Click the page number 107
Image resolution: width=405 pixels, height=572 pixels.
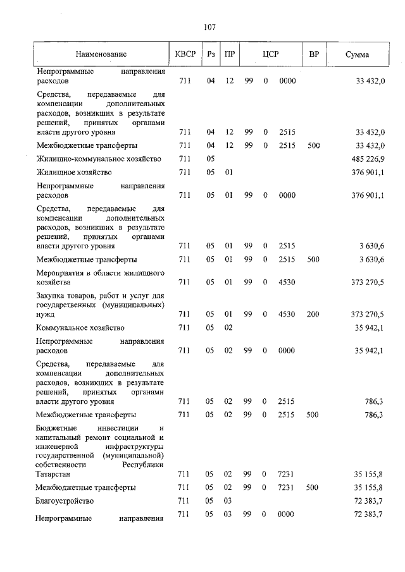click(210, 27)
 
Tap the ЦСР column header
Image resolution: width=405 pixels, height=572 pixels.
click(271, 55)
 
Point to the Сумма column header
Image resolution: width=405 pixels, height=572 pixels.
click(358, 55)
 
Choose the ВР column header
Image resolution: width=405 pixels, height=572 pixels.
click(313, 55)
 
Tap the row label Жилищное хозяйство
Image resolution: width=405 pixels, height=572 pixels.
click(74, 173)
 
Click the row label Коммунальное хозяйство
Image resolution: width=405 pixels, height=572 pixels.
click(80, 327)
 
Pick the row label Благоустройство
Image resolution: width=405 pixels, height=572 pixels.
click(65, 501)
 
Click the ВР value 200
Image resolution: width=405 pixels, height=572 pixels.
click(313, 313)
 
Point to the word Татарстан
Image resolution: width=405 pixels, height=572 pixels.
click(53, 473)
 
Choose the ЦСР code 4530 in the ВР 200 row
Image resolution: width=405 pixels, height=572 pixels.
click(287, 313)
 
